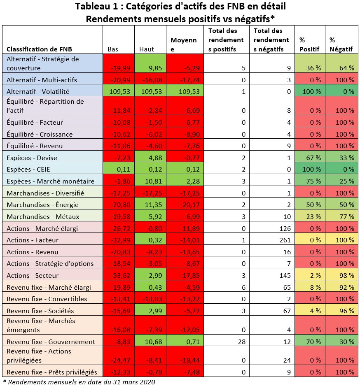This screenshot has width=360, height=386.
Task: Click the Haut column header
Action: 147,49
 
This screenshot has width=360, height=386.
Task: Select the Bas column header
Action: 113,49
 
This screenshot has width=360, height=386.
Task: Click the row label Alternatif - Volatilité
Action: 37,91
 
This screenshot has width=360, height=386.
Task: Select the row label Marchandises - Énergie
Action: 42,205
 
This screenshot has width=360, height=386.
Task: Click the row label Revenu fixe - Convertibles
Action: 47,299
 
